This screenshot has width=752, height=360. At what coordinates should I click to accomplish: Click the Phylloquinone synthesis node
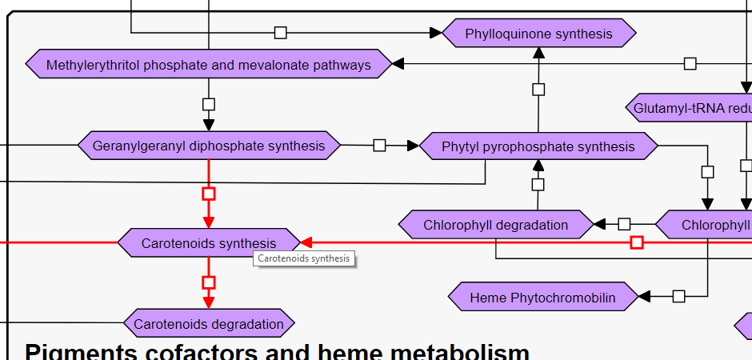coord(538,34)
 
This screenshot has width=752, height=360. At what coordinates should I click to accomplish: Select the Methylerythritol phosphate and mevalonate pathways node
coord(209,65)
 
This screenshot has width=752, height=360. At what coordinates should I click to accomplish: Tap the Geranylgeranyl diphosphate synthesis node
coord(209,146)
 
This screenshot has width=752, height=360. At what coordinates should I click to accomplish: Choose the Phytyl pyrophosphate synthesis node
coord(538,146)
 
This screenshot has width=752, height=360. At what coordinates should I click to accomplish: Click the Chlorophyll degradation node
coord(496,225)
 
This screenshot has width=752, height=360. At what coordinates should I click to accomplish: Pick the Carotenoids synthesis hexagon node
coord(209,242)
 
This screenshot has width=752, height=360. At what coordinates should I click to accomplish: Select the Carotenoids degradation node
coord(209,324)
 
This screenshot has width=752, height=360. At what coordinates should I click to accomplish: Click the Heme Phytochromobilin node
coord(543,298)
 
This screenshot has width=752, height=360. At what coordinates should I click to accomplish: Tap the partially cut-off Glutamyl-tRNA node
coord(690,107)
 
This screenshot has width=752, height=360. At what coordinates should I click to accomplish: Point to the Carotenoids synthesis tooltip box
coord(304,258)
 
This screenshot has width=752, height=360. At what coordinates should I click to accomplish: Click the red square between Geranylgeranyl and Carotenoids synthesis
coord(209,194)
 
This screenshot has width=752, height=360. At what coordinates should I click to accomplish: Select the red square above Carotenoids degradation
coord(209,282)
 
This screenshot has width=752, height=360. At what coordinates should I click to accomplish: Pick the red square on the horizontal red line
coord(637,242)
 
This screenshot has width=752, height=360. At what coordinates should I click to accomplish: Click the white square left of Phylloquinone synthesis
coord(280,33)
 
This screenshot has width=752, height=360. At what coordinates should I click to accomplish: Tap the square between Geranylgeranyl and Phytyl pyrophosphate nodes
coord(380,146)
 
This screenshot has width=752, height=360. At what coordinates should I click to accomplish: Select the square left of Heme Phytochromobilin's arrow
coord(679,297)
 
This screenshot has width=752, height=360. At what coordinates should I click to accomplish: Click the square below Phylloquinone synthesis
coord(538,90)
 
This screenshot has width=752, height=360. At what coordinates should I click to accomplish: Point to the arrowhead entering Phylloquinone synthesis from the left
coord(435,33)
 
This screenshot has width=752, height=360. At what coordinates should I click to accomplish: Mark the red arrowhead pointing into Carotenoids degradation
coord(209,302)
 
